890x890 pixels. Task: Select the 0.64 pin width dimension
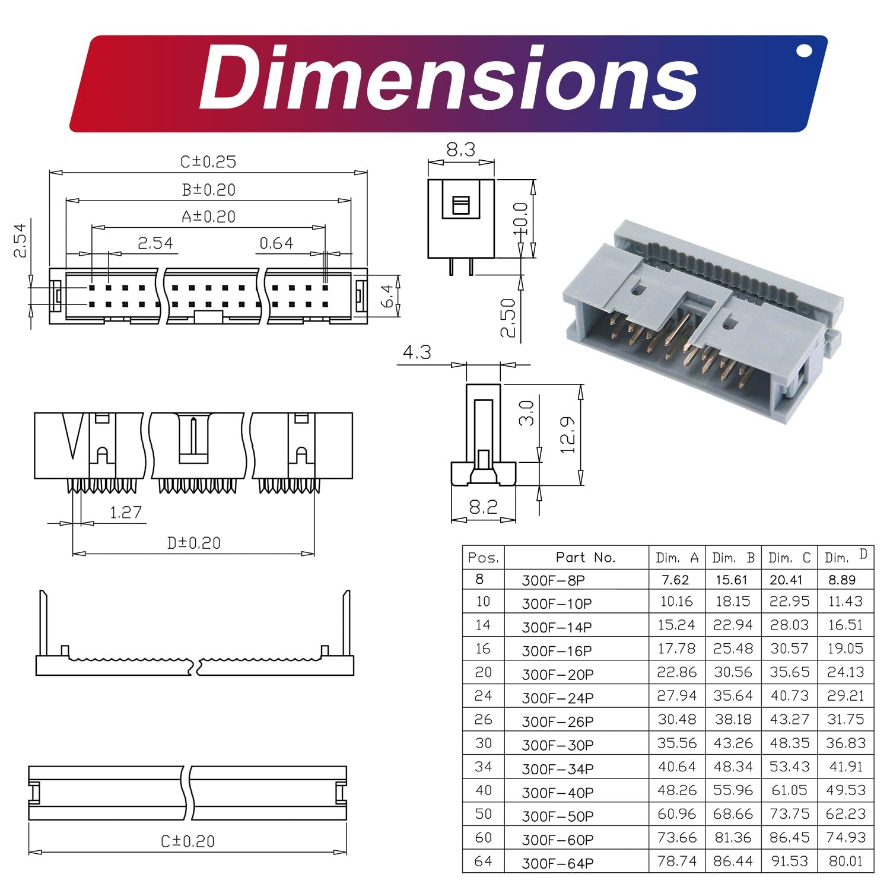coord(276,243)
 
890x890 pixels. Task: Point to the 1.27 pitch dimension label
coord(126,512)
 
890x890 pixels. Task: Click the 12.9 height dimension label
coord(568,434)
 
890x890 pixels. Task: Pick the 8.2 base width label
coord(483,507)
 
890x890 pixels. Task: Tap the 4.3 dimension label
coord(417,352)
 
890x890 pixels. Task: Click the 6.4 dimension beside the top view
coord(387,295)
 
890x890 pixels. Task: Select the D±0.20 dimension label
coord(194,543)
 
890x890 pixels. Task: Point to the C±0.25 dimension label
coord(208,161)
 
